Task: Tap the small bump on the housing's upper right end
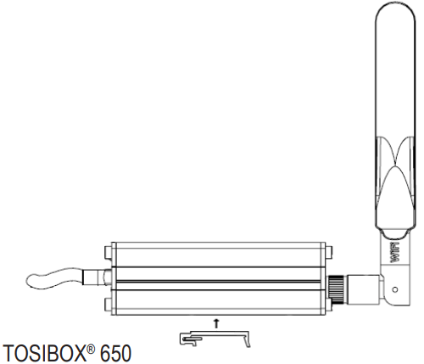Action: (326, 251)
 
